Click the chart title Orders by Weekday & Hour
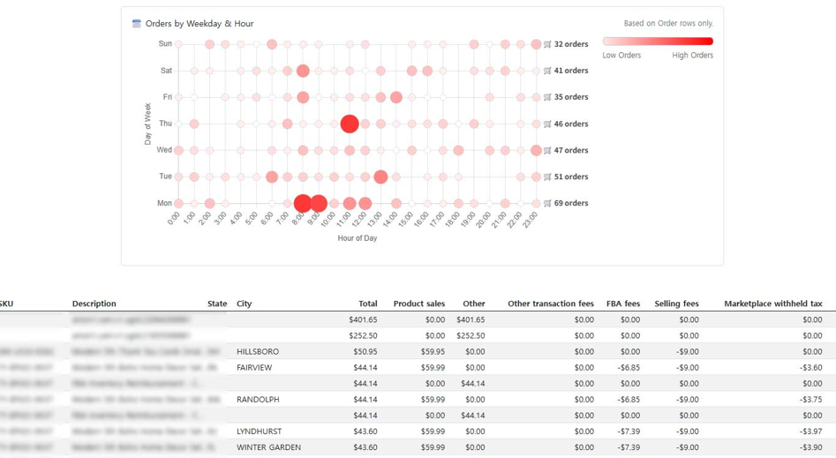point(200,24)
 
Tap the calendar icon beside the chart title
point(137,24)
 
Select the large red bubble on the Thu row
point(350,124)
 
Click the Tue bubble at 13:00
point(380,176)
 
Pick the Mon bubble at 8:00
point(303,203)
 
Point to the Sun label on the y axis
point(165,43)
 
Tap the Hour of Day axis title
point(357,238)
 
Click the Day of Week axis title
point(148,124)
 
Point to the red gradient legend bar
point(658,41)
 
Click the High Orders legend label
point(692,55)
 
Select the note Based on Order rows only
point(668,24)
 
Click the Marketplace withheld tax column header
point(772,304)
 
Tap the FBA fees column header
point(622,304)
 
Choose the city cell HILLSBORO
point(258,351)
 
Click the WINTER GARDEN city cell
point(268,447)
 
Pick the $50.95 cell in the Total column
point(365,351)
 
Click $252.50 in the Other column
point(470,335)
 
